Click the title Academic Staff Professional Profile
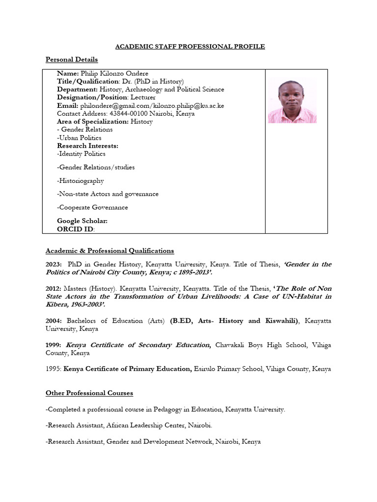[189, 47]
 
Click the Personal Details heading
[72, 59]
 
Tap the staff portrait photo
[292, 101]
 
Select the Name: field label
[68, 73]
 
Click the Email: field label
[68, 105]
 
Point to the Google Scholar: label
[82, 221]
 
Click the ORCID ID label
[75, 229]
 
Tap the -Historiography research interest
[81, 180]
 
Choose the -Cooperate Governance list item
[92, 207]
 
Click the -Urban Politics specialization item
[79, 138]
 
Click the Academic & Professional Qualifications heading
[109, 251]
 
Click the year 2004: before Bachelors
[54, 321]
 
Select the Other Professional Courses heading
[89, 393]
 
